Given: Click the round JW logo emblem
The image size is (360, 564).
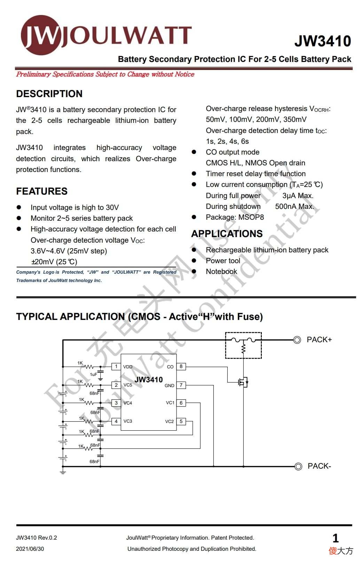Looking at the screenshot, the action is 40,35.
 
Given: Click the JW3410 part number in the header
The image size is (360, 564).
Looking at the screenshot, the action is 323,41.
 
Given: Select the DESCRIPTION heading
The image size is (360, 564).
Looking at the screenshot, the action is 49,94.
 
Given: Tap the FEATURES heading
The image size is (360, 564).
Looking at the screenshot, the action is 42,191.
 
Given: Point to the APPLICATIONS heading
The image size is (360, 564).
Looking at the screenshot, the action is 227,234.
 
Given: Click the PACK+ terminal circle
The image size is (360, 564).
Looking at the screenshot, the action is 297,340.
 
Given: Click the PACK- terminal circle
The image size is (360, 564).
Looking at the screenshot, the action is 298,467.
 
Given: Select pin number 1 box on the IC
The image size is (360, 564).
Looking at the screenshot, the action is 116,367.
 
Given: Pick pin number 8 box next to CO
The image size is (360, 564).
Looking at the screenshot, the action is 181,367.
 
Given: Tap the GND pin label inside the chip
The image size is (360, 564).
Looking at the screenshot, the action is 170,385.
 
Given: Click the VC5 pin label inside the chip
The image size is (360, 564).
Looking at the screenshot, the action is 128,385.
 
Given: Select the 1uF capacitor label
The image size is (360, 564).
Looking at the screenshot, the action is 93,374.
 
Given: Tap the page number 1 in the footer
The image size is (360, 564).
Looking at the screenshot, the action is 336,538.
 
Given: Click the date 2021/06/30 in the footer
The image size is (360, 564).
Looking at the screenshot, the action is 30,549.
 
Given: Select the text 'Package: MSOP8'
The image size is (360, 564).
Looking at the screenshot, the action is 235,217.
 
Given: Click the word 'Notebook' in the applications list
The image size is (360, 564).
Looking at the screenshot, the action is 221,272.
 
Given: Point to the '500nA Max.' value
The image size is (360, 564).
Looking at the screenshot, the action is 295,206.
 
